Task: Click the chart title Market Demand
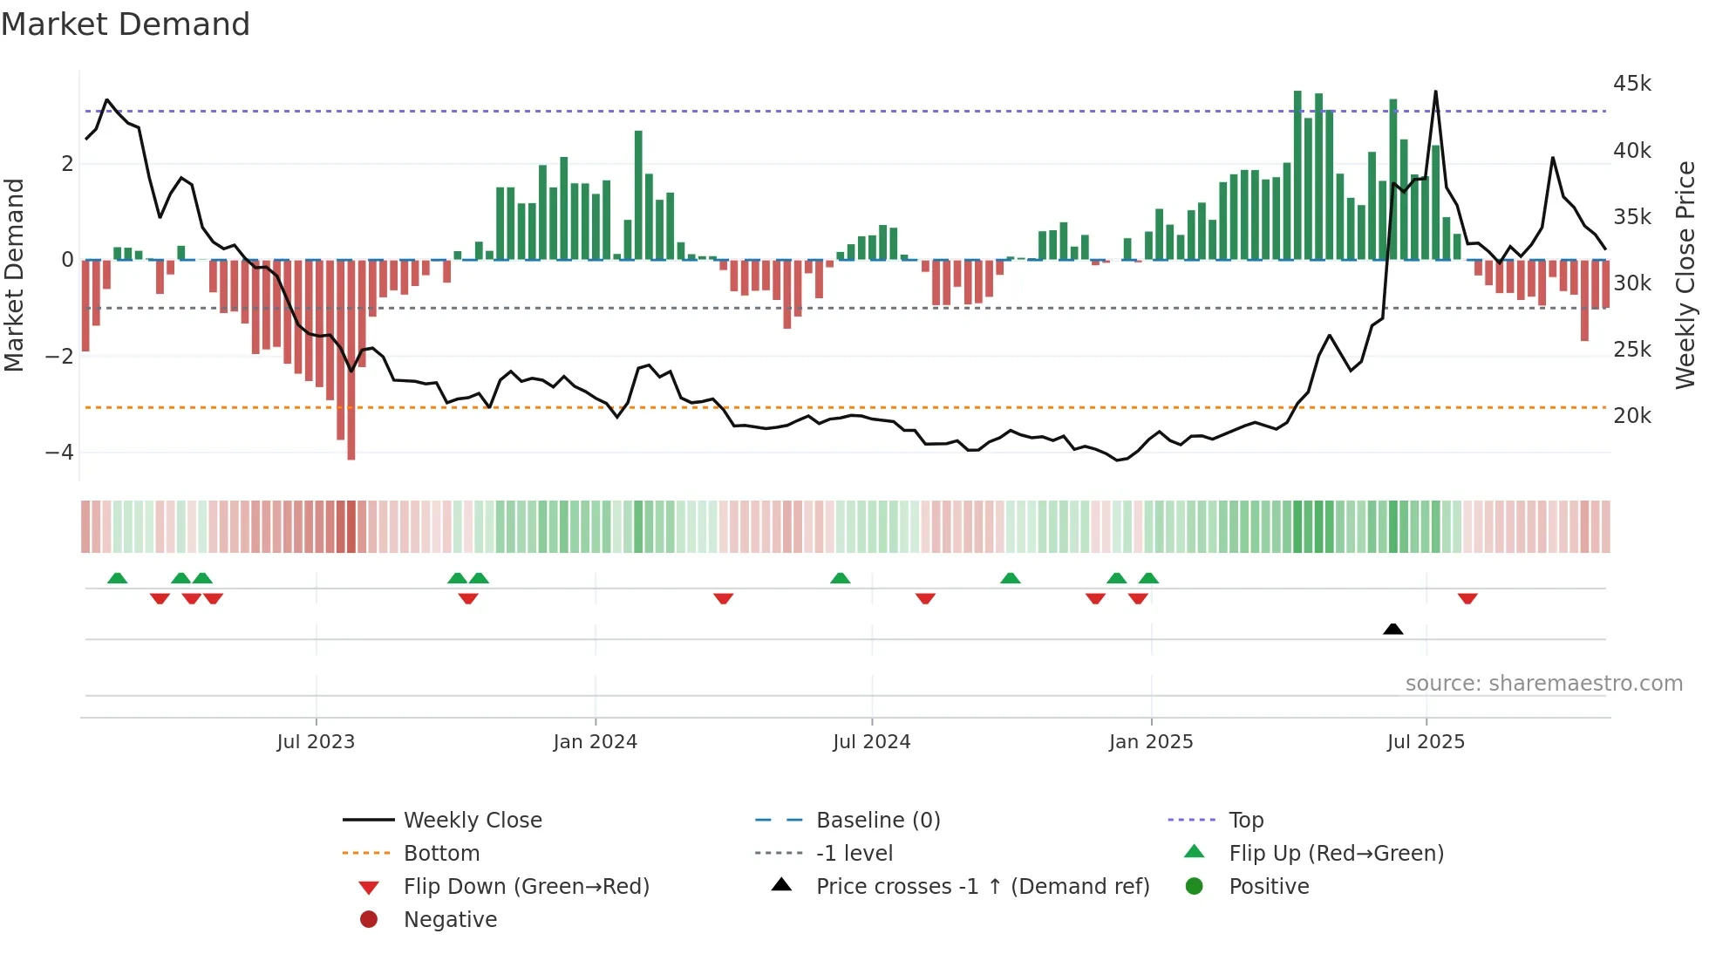click(x=126, y=24)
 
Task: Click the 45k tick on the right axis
click(x=1631, y=84)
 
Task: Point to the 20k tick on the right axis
click(x=1631, y=416)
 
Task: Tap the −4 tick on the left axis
click(x=59, y=453)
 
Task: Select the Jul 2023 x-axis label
click(x=316, y=742)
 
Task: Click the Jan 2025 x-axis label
click(x=1151, y=742)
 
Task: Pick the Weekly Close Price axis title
click(x=1685, y=275)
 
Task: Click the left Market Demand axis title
click(x=15, y=275)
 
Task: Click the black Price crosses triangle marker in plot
click(x=1392, y=629)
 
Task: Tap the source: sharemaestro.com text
click(x=1543, y=684)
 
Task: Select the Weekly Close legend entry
click(x=472, y=821)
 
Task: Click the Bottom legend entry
click(x=441, y=854)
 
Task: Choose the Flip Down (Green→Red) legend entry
click(x=526, y=887)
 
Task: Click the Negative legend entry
click(x=450, y=920)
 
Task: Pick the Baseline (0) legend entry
click(x=877, y=821)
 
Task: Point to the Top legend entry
click(x=1245, y=821)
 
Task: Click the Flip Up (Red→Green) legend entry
click(x=1336, y=854)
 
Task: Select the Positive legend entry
click(x=1269, y=887)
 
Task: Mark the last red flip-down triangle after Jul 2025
click(x=1467, y=599)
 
